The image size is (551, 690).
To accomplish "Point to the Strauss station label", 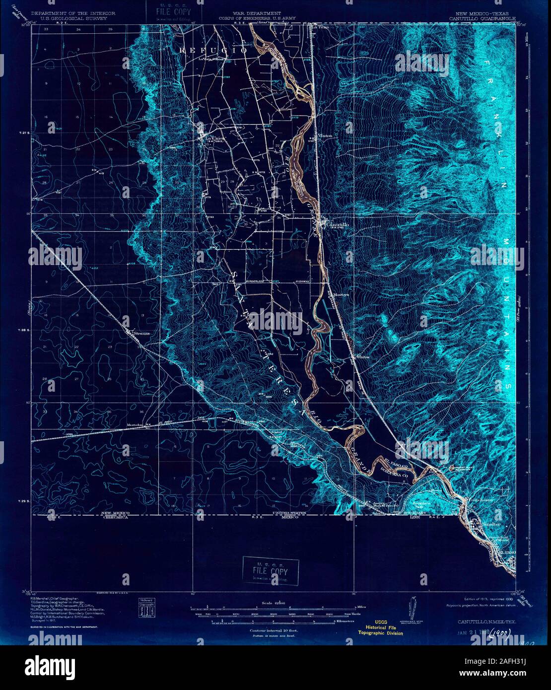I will [141, 333].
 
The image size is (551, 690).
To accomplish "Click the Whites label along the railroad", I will [363, 356].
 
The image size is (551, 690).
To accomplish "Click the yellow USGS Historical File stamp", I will [382, 629].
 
